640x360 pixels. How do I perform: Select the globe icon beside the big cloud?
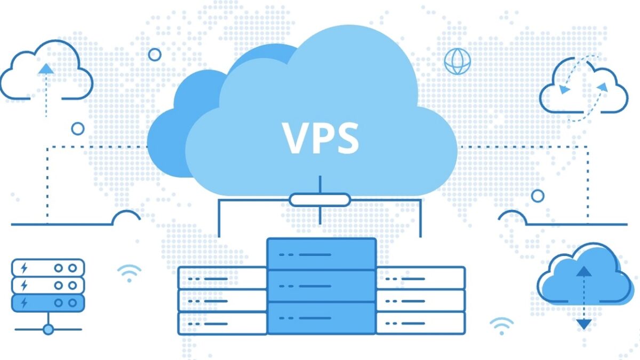pos(457,61)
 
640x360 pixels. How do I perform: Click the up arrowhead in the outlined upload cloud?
pos(46,68)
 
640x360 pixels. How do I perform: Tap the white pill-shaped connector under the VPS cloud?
pos(320,199)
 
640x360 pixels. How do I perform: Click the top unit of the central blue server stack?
pos(321,254)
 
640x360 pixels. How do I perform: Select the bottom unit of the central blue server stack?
pos(321,318)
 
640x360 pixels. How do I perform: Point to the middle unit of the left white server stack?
pos(222,300)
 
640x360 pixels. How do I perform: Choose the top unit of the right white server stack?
pos(420,278)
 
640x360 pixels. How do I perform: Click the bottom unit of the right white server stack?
pos(420,323)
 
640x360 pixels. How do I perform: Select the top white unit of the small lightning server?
pos(48,267)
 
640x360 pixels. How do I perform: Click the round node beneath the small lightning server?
pos(48,330)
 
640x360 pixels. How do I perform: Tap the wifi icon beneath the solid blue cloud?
pos(501,325)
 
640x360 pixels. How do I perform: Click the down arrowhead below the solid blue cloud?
pos(584,324)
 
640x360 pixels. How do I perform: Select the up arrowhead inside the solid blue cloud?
pos(584,270)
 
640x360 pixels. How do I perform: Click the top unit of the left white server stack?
pos(222,278)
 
